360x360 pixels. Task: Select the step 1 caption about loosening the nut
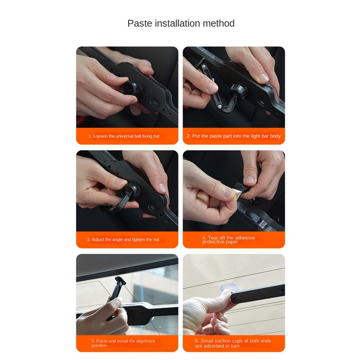coord(124,136)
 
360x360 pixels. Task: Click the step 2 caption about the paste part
coord(234,136)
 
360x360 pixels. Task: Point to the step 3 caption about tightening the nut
coord(123,240)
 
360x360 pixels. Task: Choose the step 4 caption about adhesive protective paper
coord(228,240)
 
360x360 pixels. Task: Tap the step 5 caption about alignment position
coord(123,343)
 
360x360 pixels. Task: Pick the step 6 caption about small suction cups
coord(233,343)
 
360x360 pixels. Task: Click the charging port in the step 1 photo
coord(155,103)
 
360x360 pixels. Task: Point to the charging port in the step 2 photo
coord(261,102)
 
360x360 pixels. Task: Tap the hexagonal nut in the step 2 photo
coord(238,90)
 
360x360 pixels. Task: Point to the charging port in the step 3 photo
coord(153,208)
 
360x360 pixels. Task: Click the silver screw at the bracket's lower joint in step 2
coord(220,106)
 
